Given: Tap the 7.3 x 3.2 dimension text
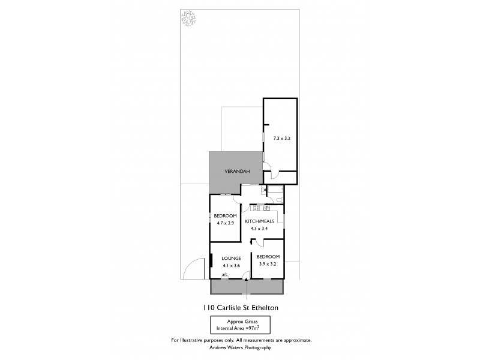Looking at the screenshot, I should click(x=281, y=138).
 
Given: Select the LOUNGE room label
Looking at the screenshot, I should click(x=231, y=258).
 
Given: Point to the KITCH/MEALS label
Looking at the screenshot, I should click(x=259, y=221).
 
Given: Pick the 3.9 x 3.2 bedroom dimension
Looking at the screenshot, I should click(x=268, y=264).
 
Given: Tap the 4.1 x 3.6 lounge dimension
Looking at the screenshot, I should click(x=231, y=265).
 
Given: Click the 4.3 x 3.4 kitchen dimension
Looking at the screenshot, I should click(x=259, y=229).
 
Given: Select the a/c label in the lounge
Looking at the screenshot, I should click(x=224, y=275).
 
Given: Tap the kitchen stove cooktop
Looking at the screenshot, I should click(x=256, y=208).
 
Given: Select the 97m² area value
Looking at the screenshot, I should click(x=263, y=329).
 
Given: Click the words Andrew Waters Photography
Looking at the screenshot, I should click(x=239, y=347).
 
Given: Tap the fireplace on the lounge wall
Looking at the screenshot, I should click(x=211, y=262).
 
